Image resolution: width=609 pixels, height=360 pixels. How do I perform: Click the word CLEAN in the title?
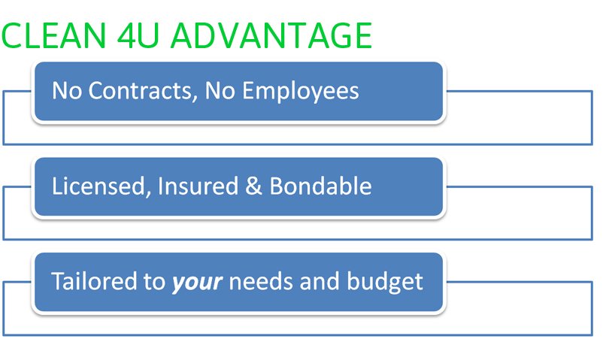coord(53,35)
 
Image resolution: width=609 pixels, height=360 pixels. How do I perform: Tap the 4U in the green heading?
coord(138,35)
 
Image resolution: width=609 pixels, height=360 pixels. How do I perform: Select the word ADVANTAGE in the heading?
coord(271,35)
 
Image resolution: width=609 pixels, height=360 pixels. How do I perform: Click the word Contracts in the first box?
coord(140,91)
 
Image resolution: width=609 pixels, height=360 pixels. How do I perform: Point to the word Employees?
coord(301,92)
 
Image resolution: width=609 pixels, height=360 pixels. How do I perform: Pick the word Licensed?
coord(98,186)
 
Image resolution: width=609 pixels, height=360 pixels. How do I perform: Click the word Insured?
coord(198,186)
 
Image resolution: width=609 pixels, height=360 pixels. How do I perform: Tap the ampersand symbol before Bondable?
coord(253,186)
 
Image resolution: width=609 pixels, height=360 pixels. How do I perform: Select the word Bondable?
coord(320,186)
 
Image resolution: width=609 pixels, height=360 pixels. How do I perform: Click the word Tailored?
coord(94,281)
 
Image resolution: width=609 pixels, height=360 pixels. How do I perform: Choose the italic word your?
coord(197,283)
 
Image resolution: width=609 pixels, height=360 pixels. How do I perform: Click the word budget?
coord(384,282)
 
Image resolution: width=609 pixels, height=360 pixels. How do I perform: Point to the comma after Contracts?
coord(195,98)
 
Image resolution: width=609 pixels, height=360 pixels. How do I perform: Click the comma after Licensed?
coord(148,193)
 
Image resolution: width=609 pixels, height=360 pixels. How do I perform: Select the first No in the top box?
coord(67,91)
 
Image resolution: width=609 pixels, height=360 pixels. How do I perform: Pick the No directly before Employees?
coord(220,91)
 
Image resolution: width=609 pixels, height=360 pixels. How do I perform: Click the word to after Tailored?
coord(155,282)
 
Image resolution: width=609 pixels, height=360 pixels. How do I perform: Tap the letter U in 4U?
coord(148,36)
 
